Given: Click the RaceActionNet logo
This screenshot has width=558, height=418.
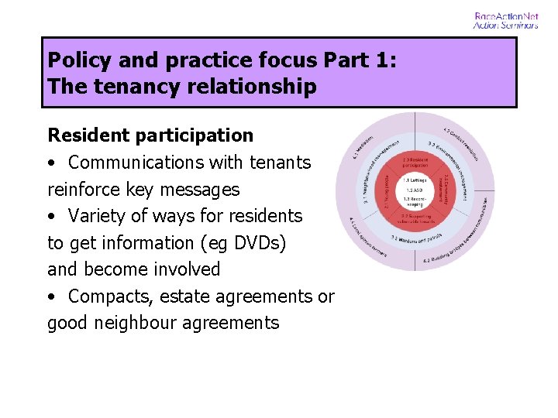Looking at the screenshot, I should tap(506, 20).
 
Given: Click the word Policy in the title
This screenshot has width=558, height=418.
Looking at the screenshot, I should tap(77, 60).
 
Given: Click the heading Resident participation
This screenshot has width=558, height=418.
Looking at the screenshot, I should tap(150, 135).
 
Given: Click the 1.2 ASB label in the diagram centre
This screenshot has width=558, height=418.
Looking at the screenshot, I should tap(414, 190).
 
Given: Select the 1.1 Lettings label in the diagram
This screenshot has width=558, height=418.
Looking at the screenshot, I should tap(414, 180).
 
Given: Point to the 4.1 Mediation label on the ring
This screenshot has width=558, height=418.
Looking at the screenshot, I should tap(363, 147).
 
